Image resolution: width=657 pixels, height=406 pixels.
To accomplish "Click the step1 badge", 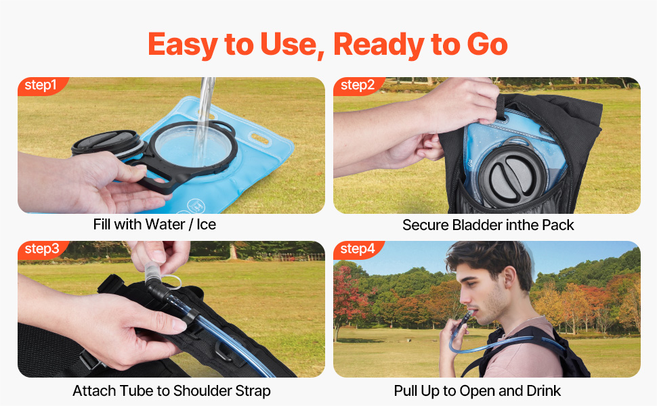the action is pyautogui.click(x=41, y=85).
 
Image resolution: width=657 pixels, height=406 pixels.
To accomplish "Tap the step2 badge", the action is pyautogui.click(x=358, y=85).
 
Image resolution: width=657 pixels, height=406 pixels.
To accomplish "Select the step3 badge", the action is pyautogui.click(x=41, y=249).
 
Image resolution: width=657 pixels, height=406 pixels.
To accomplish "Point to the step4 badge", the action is pyautogui.click(x=358, y=249).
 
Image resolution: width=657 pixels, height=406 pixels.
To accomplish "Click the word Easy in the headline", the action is pyautogui.click(x=183, y=45).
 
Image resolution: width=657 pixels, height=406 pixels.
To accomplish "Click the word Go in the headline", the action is pyautogui.click(x=487, y=44).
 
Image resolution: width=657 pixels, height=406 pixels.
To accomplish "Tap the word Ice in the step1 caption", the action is pyautogui.click(x=206, y=225).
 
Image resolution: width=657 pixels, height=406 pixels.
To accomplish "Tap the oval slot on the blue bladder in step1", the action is pyautogui.click(x=260, y=138).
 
